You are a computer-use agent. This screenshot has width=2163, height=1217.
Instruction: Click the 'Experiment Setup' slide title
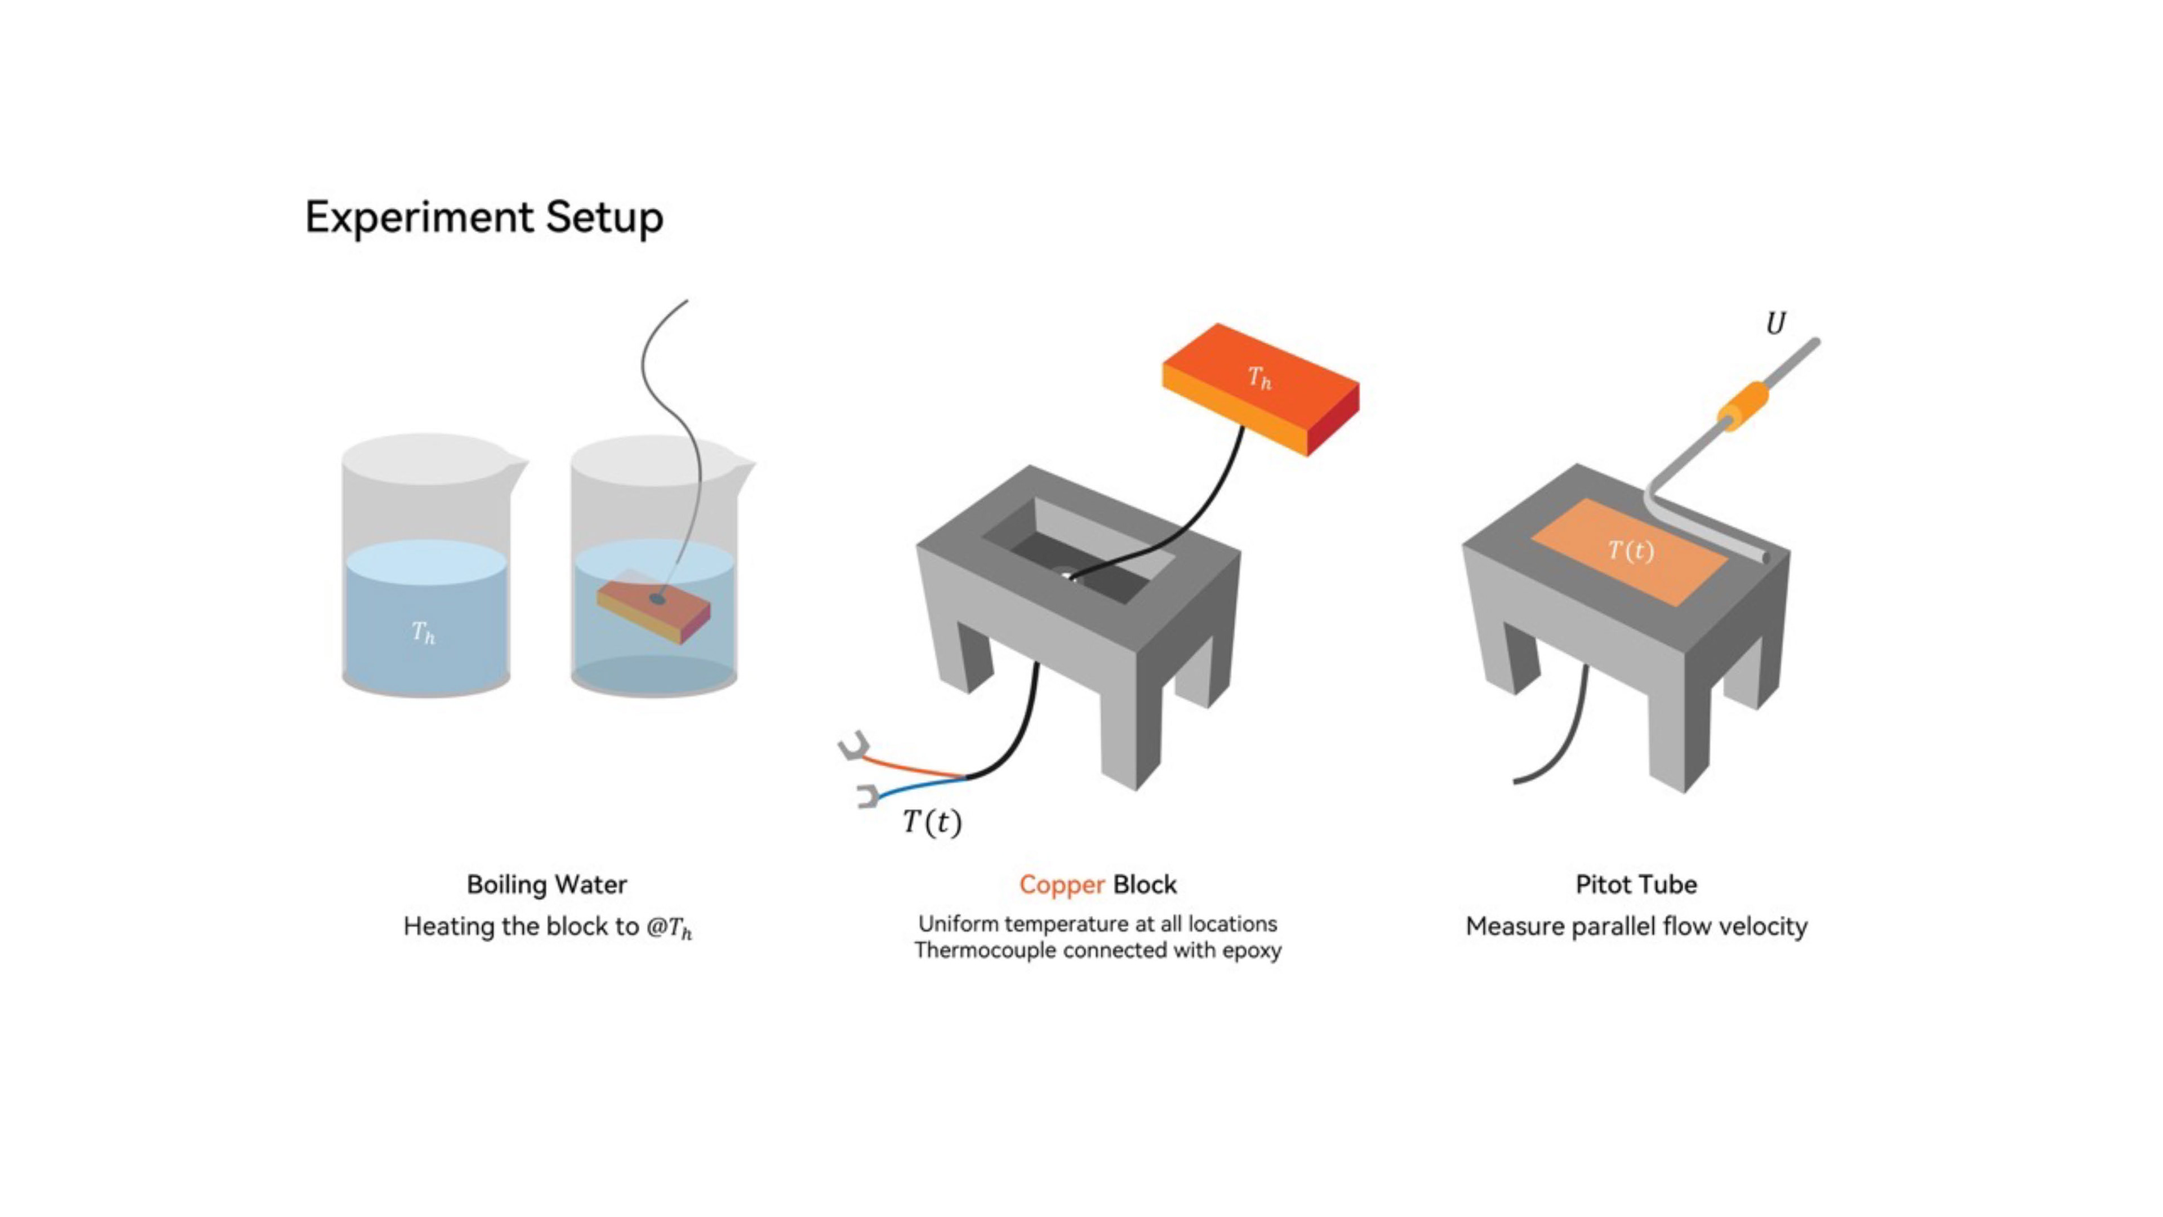point(484,217)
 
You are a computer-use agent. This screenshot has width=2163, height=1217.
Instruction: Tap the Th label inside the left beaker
point(423,632)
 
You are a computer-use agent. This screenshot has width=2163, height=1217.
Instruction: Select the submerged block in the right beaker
point(653,609)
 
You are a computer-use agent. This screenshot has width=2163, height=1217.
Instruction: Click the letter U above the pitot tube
point(1775,324)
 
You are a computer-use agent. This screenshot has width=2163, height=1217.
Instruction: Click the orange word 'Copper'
point(1061,885)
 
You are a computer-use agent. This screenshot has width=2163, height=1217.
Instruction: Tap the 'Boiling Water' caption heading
point(546,885)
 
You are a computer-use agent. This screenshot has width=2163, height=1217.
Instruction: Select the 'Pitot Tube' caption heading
point(1636,885)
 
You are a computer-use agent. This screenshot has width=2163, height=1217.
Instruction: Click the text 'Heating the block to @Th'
point(548,927)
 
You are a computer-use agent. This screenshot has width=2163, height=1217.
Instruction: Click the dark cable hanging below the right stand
point(1562,739)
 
